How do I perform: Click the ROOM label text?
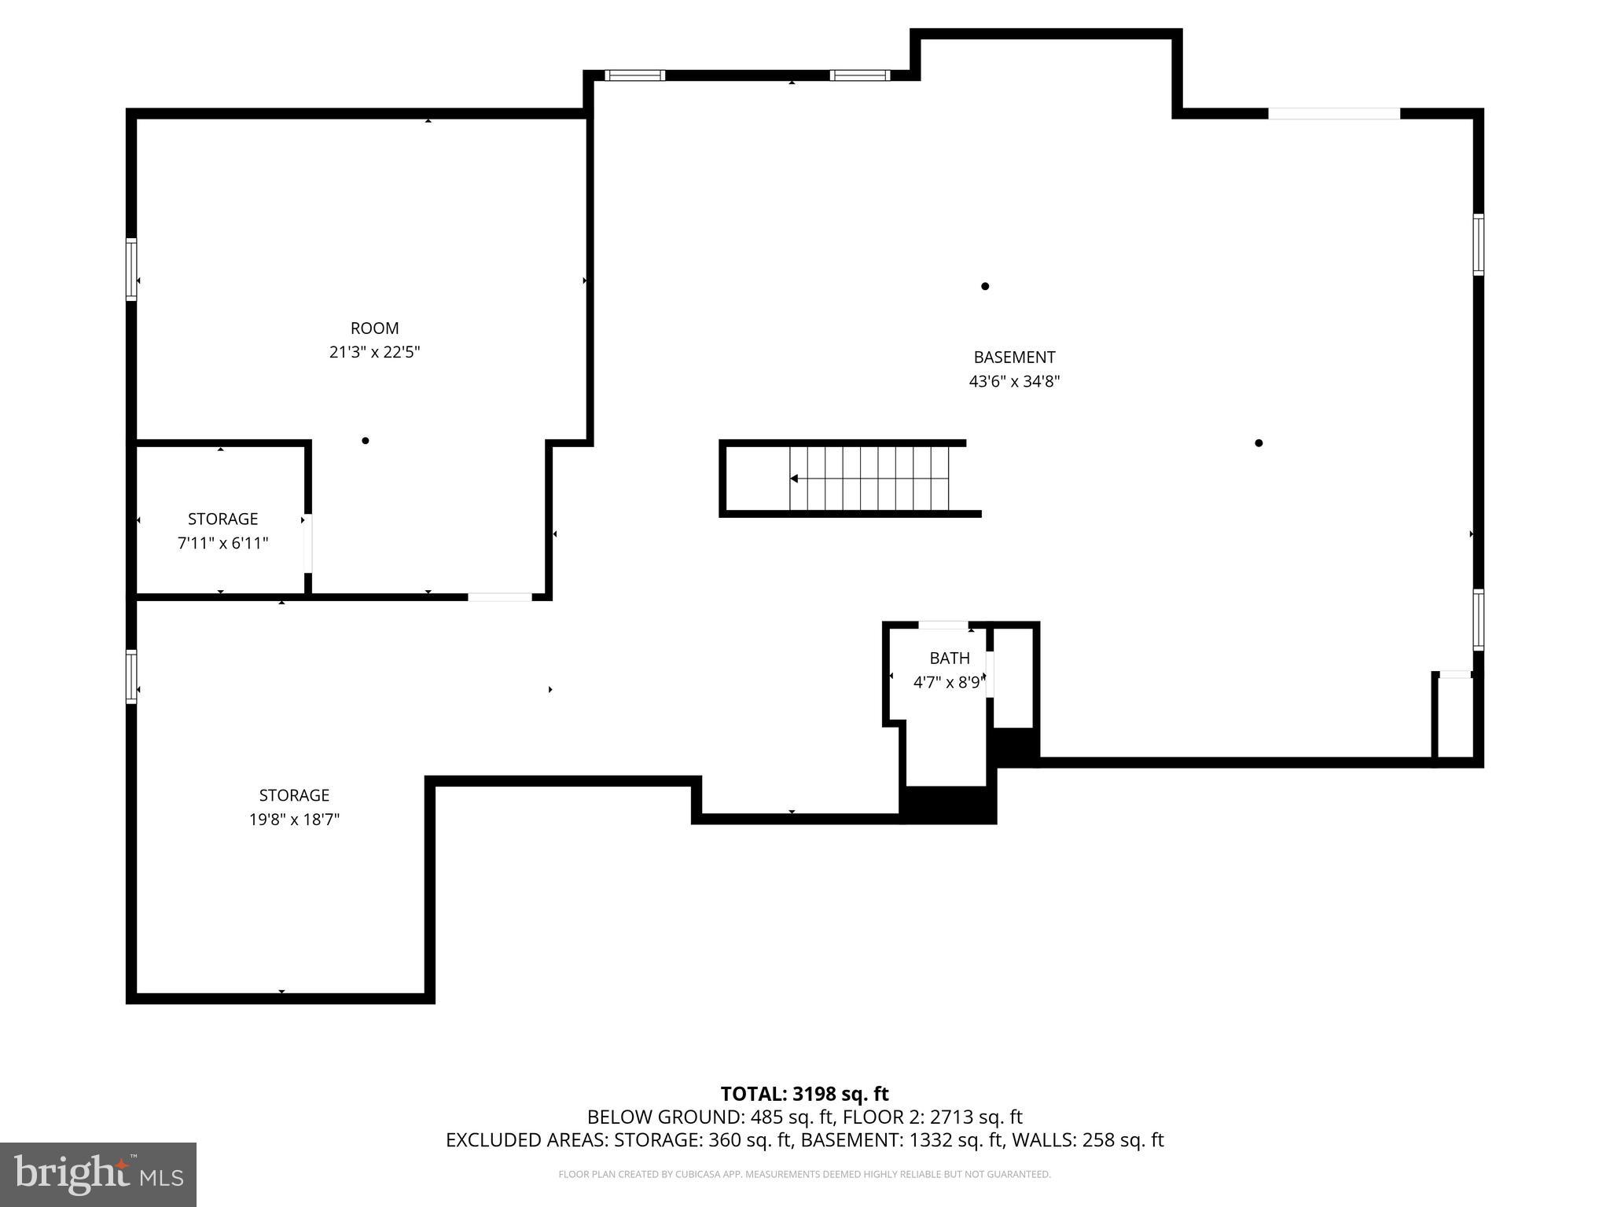[x=374, y=328]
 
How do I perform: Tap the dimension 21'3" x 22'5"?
[x=374, y=352]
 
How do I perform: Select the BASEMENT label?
[x=1014, y=358]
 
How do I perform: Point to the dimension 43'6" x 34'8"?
[x=1014, y=382]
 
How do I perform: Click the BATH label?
[x=949, y=659]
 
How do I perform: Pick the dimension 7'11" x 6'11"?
[x=222, y=543]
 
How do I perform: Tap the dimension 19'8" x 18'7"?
[x=294, y=820]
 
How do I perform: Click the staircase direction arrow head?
[x=794, y=479]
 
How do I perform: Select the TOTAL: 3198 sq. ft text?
[x=804, y=1094]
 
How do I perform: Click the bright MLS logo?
[x=98, y=1174]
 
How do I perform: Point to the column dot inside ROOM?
[x=366, y=441]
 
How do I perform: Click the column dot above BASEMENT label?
[x=985, y=286]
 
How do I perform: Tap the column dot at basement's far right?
[x=1259, y=443]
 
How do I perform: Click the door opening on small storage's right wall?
[x=308, y=543]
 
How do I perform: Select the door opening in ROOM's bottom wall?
[x=500, y=597]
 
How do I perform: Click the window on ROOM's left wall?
[x=131, y=270]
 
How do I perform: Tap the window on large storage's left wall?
[x=131, y=676]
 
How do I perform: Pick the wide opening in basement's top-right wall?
[x=1334, y=114]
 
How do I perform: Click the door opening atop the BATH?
[x=943, y=626]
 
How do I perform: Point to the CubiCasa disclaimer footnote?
[x=804, y=1174]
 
